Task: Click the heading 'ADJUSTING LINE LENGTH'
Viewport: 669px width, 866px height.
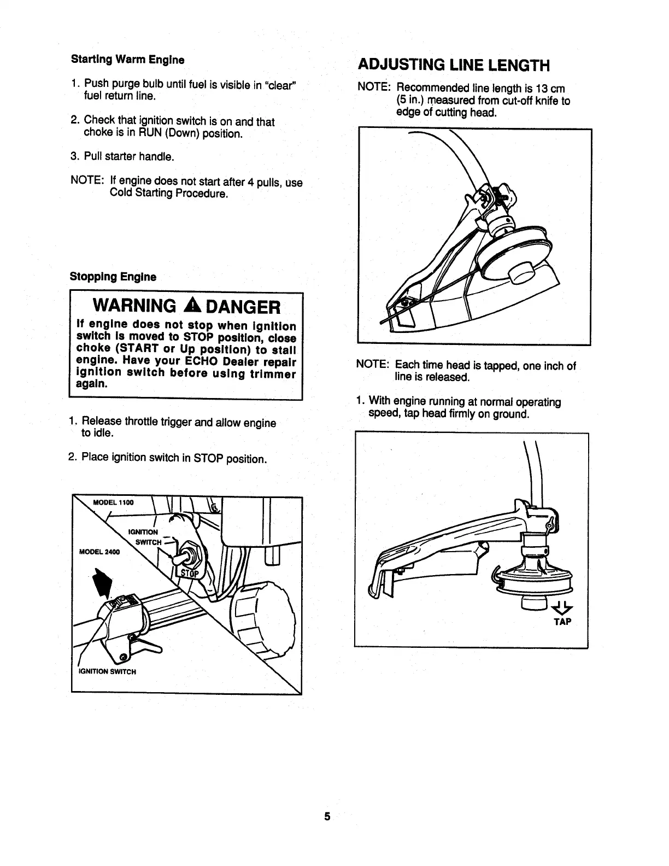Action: point(453,66)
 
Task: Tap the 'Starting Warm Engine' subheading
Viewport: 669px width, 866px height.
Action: point(127,59)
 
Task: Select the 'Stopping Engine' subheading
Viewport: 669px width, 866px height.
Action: point(113,277)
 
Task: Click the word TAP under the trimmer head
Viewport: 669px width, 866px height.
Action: point(561,622)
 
